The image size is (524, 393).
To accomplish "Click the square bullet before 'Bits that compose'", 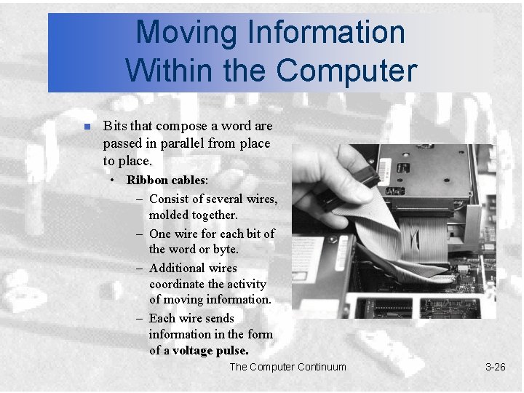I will (x=86, y=127).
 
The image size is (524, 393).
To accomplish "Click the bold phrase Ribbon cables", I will (x=167, y=180).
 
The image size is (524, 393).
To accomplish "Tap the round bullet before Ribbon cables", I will (x=113, y=180).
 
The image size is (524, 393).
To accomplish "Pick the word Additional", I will (x=176, y=268).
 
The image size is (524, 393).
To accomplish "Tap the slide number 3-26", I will (x=495, y=367).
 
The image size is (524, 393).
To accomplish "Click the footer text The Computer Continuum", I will (x=287, y=367).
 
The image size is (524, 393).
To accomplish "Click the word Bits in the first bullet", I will (x=116, y=127).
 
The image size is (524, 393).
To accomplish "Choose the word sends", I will (x=219, y=318).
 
